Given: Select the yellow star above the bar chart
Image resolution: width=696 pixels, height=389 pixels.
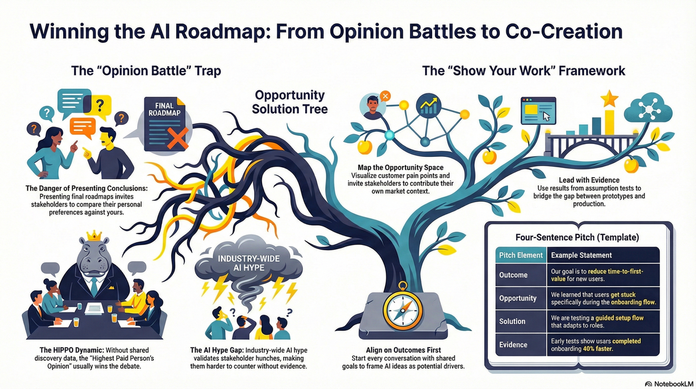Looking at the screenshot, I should (610, 99).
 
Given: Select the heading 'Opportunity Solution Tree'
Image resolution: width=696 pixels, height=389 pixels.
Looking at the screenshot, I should (290, 102).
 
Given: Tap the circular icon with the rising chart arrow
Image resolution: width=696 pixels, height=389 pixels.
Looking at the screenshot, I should (429, 106).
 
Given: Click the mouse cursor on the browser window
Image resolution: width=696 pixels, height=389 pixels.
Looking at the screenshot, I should (546, 116).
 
